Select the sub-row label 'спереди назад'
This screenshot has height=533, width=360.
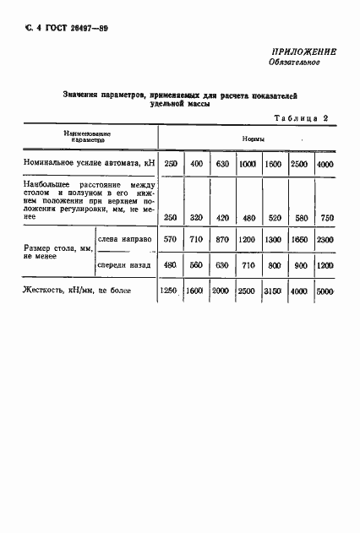pos(124,264)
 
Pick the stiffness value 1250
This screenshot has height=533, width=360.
pos(171,291)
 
